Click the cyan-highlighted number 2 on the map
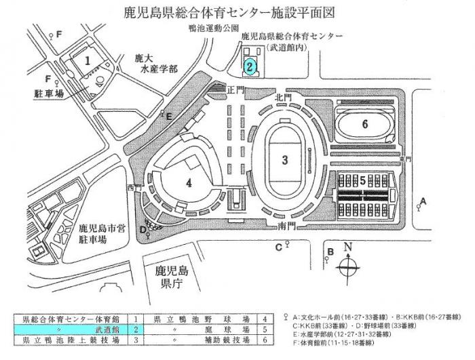point(250,66)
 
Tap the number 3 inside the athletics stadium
point(286,160)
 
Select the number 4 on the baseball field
point(189,182)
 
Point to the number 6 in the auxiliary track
point(364,124)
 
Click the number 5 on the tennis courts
point(363,180)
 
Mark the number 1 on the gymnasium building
point(88,60)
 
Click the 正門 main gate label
point(235,89)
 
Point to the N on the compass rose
point(348,247)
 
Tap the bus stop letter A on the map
point(423,201)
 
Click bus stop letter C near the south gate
point(278,247)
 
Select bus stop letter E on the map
point(169,117)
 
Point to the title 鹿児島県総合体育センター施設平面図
point(237,12)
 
